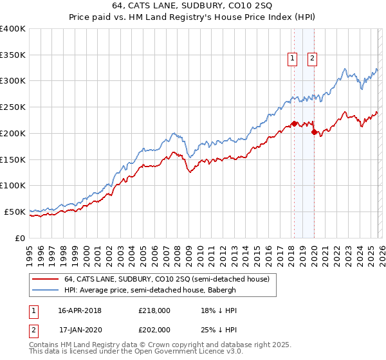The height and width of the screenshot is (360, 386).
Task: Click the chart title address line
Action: (192, 6)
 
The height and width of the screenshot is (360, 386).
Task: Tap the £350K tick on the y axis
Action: (13, 55)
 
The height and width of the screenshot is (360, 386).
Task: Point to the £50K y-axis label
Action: (15, 212)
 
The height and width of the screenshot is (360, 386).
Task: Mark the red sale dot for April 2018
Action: (294, 123)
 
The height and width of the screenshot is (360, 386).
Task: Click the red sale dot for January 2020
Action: (314, 132)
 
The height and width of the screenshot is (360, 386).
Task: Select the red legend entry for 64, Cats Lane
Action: (170, 279)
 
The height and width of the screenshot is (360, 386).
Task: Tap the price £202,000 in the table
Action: (154, 329)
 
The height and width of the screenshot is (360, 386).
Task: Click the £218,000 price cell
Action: (154, 310)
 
